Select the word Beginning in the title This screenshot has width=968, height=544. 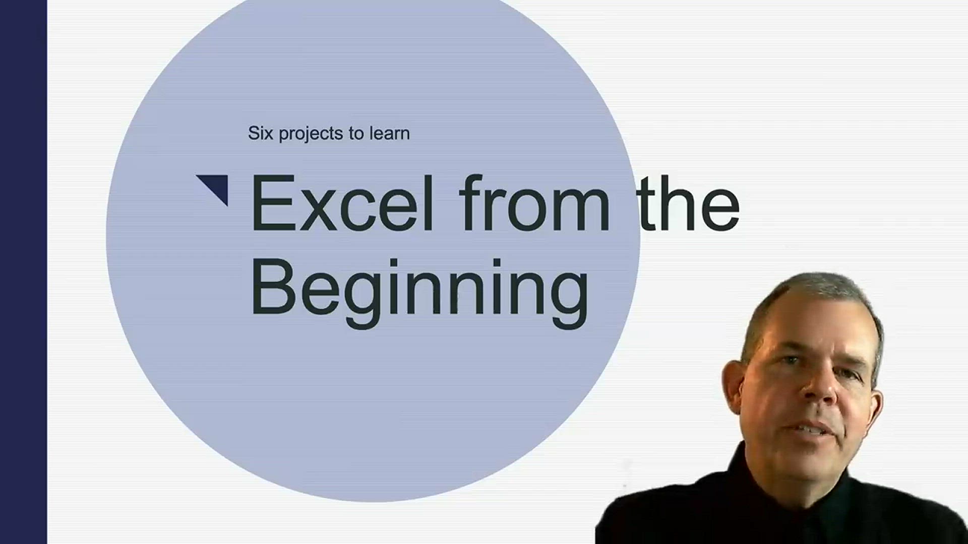[x=419, y=293]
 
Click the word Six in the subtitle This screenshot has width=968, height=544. [x=261, y=133]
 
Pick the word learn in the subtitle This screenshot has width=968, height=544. [x=389, y=133]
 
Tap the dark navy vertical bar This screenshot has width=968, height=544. [x=23, y=272]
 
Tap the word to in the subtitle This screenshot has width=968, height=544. [x=356, y=133]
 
